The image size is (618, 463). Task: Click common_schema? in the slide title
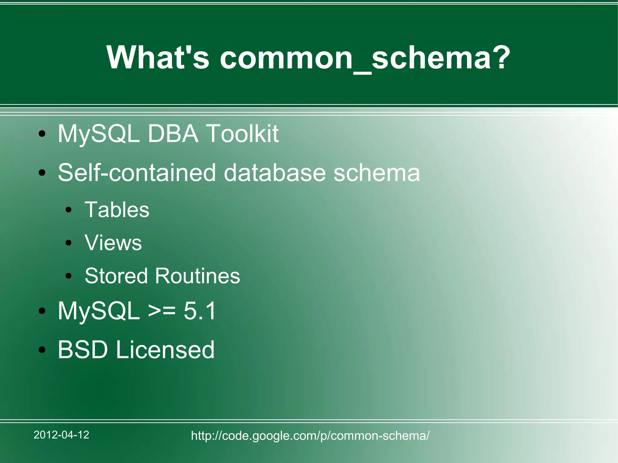(x=365, y=58)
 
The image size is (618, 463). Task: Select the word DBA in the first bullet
(x=173, y=133)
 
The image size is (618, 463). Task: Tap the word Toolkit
(x=242, y=133)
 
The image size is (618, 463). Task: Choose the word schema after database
(x=377, y=173)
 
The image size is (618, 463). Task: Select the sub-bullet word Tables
(x=117, y=210)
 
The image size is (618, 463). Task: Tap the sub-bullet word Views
(x=113, y=243)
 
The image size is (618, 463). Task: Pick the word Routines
(x=198, y=276)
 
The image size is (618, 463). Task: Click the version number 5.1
(x=200, y=311)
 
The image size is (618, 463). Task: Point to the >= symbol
(x=162, y=311)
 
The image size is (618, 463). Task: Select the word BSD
(x=83, y=350)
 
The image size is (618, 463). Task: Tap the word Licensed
(x=165, y=350)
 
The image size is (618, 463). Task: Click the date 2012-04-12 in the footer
(x=61, y=435)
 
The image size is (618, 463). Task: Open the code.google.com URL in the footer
(x=310, y=436)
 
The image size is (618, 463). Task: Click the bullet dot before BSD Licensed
(x=42, y=350)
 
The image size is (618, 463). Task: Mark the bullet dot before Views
(x=69, y=243)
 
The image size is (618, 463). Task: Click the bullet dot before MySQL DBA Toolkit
(x=42, y=134)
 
